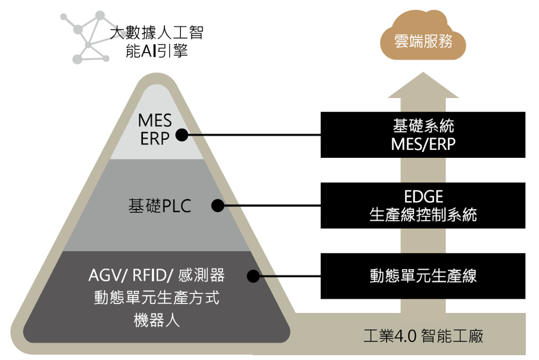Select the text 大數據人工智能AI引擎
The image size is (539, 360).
click(156, 42)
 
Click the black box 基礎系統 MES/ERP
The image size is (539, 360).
click(423, 134)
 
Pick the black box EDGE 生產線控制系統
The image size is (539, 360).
click(423, 205)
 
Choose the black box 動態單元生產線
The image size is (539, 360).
click(423, 276)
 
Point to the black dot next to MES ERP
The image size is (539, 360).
click(182, 135)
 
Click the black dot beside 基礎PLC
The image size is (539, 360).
click(217, 206)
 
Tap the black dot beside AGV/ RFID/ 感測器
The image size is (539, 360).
click(253, 276)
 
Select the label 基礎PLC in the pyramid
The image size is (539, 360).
click(160, 206)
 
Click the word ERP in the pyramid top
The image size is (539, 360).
click(155, 139)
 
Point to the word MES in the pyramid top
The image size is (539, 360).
click(155, 122)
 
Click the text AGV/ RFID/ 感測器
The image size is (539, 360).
click(156, 276)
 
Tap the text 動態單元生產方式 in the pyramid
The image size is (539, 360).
click(156, 298)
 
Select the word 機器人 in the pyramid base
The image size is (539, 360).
click(156, 320)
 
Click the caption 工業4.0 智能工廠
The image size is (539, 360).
click(423, 337)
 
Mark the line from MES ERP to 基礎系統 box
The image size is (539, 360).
click(253, 135)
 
